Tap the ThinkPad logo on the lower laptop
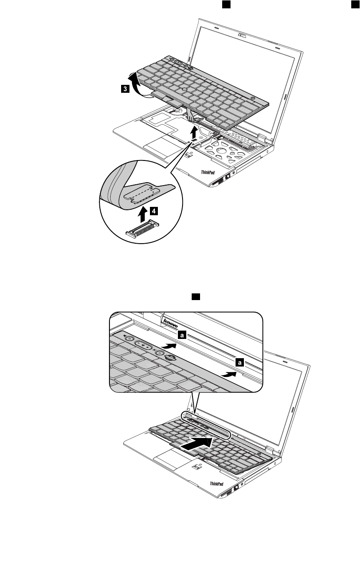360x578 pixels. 216,484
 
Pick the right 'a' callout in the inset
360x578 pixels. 239,363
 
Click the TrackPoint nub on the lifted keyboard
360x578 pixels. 184,89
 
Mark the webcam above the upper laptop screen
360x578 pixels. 241,35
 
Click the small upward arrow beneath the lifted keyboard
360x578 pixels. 193,134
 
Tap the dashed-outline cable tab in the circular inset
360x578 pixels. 145,193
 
